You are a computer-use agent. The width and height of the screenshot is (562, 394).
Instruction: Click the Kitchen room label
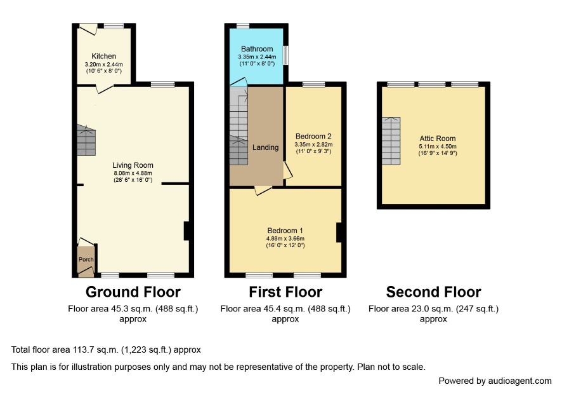(x=103, y=56)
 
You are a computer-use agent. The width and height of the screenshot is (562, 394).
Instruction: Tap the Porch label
(x=86, y=259)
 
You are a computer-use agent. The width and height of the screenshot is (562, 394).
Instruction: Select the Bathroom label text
(x=257, y=49)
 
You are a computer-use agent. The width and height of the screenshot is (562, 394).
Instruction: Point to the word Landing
(x=265, y=147)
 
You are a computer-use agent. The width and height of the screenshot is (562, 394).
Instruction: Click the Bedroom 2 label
(x=313, y=136)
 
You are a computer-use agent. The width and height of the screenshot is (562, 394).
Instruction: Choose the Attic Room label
(x=438, y=139)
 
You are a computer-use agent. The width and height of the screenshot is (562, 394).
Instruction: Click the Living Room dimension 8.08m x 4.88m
(x=133, y=173)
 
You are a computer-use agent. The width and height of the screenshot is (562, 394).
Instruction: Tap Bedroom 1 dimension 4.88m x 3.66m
(x=285, y=238)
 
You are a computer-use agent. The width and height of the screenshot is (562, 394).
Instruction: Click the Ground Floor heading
(x=133, y=292)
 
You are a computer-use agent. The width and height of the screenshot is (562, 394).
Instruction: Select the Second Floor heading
(x=433, y=292)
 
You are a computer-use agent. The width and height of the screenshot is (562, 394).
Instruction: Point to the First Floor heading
(x=285, y=292)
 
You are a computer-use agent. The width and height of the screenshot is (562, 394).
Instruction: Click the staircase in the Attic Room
(x=391, y=141)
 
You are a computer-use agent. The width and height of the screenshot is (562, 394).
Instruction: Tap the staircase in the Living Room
(x=86, y=140)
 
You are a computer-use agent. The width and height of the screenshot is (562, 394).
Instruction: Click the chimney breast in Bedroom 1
(x=339, y=233)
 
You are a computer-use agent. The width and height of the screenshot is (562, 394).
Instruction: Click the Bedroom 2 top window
(x=314, y=85)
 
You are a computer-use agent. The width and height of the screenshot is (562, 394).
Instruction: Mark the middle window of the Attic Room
(x=432, y=85)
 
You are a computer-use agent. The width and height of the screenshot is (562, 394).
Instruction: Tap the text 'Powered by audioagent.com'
(x=495, y=381)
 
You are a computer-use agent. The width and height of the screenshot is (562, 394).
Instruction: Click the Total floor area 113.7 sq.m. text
(x=106, y=350)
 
